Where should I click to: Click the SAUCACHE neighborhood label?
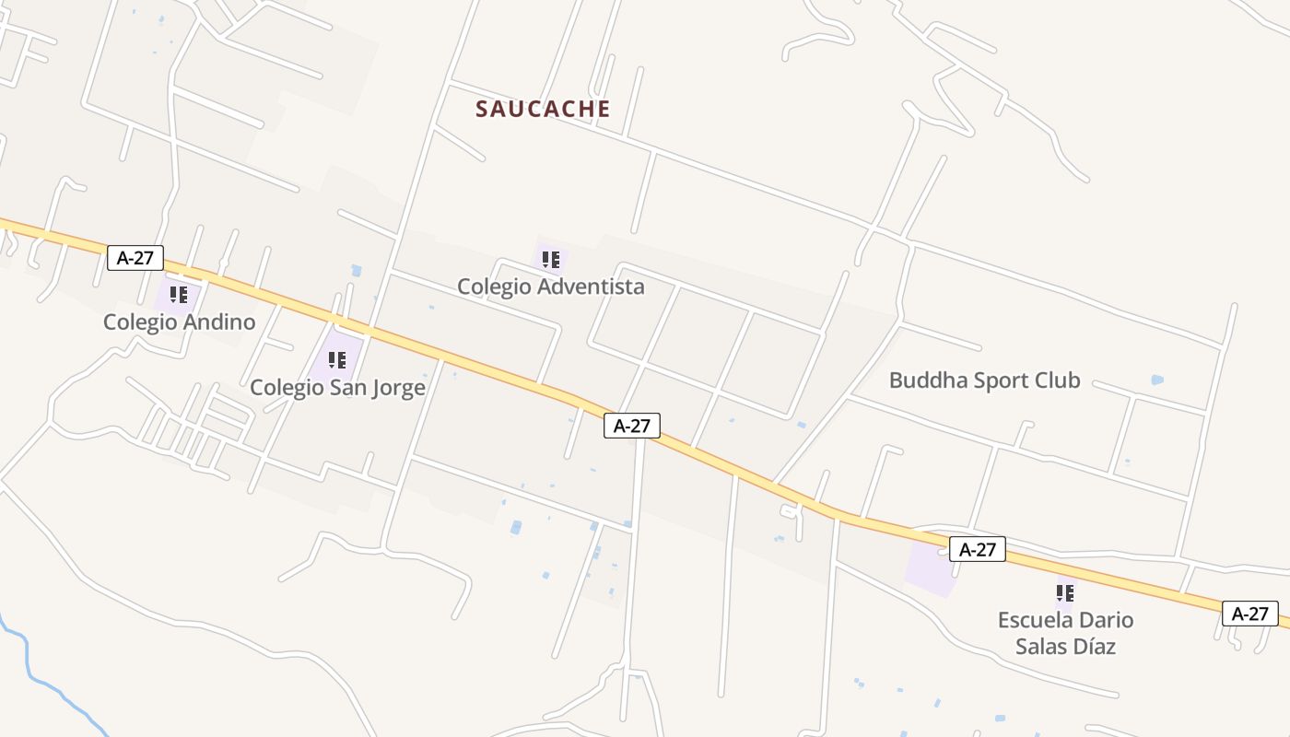click(x=543, y=109)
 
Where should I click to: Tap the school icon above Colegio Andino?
click(x=179, y=295)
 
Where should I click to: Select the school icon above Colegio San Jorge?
click(x=337, y=360)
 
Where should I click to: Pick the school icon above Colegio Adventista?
click(x=551, y=260)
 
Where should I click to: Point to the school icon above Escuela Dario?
click(x=1065, y=592)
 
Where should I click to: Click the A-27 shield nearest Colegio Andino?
click(x=135, y=257)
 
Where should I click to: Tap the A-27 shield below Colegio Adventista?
click(x=632, y=426)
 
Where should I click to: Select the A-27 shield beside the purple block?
click(x=978, y=550)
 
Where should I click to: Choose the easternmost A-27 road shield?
click(x=1250, y=614)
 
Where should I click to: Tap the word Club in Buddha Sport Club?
click(x=1057, y=380)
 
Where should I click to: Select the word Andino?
click(x=218, y=322)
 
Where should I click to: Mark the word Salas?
click(x=1039, y=647)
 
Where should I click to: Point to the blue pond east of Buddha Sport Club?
click(x=1157, y=380)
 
